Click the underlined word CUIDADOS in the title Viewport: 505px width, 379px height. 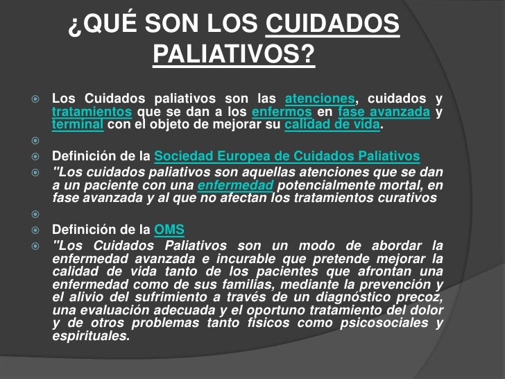click(333, 26)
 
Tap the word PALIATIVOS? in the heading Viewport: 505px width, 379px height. click(232, 53)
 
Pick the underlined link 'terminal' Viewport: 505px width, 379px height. click(78, 126)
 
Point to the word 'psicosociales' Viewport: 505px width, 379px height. click(379, 323)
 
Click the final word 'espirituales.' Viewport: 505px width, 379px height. click(91, 337)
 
